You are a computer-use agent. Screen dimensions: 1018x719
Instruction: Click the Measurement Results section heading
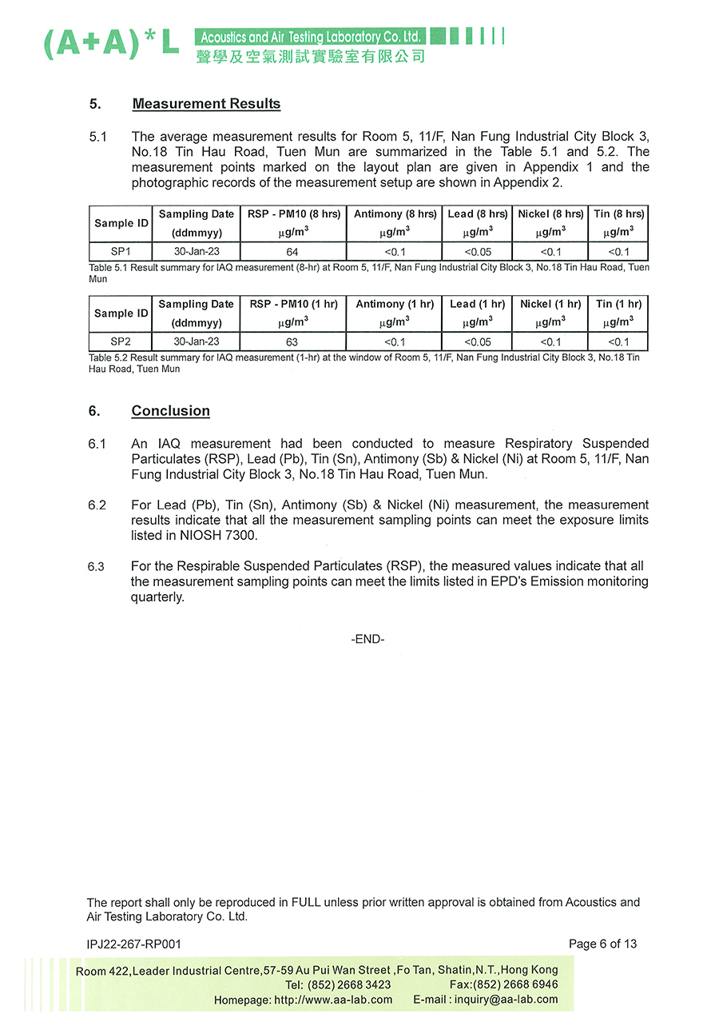tap(206, 104)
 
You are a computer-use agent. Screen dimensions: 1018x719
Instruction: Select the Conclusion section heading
tap(170, 411)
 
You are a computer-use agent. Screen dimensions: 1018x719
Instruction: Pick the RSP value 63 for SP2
tap(292, 342)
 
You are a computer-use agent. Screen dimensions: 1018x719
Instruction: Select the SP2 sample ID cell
tap(121, 342)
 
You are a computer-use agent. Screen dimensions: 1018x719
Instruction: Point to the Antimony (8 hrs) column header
tap(395, 214)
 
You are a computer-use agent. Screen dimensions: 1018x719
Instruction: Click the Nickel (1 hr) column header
tap(550, 305)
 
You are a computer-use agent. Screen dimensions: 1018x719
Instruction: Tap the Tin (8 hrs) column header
tap(618, 214)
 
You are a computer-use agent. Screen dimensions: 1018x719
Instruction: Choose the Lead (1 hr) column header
tap(477, 305)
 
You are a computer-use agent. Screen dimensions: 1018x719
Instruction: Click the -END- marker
tap(367, 639)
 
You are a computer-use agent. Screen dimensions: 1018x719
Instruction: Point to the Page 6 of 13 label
tap(602, 944)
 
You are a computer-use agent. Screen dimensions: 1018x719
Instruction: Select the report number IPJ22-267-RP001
tap(134, 944)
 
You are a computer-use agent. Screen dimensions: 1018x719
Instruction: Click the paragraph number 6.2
tap(97, 505)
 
